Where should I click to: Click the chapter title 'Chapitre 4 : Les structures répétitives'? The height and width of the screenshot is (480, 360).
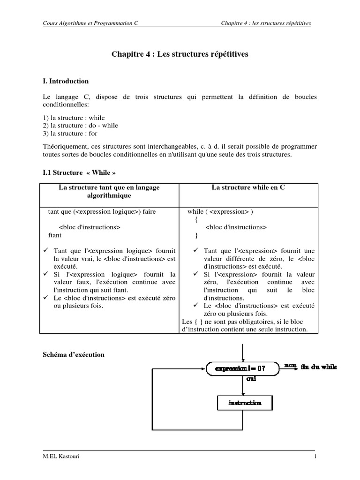pos(180,54)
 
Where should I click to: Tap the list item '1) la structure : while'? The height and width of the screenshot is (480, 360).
pos(74,118)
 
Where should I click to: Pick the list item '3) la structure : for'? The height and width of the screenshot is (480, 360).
pos(70,133)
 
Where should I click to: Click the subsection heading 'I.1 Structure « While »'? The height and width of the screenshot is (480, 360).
pos(79,172)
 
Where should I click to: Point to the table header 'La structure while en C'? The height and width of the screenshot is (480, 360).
pos(248,187)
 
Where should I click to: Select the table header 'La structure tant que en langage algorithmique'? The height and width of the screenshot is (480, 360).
pos(109,191)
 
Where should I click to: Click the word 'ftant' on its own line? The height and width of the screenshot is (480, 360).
pos(55,234)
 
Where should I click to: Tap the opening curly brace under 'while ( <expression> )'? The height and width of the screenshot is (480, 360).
pos(196,219)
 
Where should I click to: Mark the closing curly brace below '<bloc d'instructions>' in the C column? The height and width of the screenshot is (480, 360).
pos(196,235)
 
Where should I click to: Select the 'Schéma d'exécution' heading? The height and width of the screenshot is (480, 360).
pos(73,355)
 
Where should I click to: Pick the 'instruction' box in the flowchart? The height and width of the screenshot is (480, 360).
pos(244,403)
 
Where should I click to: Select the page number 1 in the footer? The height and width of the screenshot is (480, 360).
pos(315,457)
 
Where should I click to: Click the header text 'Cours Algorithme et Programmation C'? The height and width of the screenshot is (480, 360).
pos(90,22)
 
